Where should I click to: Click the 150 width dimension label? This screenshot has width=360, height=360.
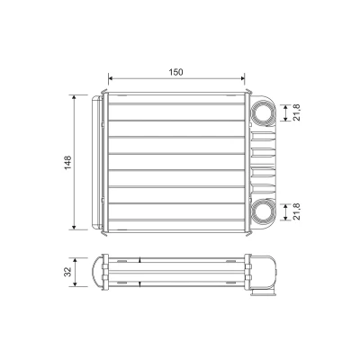pyautogui.click(x=175, y=72)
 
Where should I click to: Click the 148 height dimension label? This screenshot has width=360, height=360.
pyautogui.click(x=68, y=162)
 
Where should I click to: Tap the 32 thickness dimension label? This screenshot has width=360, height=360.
pyautogui.click(x=68, y=272)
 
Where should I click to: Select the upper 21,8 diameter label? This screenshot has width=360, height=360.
pyautogui.click(x=297, y=113)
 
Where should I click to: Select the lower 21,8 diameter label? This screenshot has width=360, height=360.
pyautogui.click(x=297, y=211)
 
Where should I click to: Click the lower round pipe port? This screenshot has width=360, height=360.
pyautogui.click(x=262, y=211)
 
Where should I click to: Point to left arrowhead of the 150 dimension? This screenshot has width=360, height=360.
pyautogui.click(x=110, y=78)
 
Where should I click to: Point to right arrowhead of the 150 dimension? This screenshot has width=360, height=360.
pyautogui.click(x=243, y=78)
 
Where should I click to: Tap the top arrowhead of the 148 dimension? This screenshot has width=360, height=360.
pyautogui.click(x=74, y=97)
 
